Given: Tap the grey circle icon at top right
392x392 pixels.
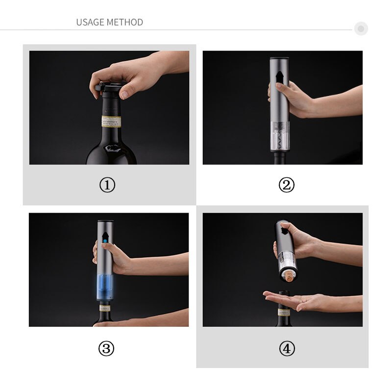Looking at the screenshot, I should tap(361, 29).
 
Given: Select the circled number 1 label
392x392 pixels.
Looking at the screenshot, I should tap(107, 185).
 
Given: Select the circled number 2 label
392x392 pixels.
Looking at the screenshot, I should tap(287, 185).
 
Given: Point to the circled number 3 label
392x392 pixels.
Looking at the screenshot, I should tap(106, 348).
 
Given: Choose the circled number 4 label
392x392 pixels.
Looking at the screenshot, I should tap(287, 348).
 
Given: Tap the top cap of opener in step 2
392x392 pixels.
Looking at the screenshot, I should tap(279, 60).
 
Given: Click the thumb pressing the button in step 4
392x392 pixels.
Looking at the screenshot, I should tap(292, 228).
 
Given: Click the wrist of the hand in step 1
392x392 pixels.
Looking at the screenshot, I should tap(169, 62).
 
